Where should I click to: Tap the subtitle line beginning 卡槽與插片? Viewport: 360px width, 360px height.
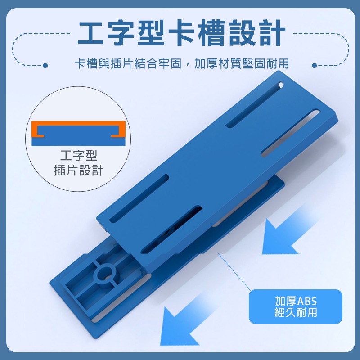(181, 64)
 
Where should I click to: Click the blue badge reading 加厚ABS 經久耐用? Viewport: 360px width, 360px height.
(296, 306)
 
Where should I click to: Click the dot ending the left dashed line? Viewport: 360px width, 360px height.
(45, 66)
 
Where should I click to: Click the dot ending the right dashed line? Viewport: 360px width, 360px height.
(315, 66)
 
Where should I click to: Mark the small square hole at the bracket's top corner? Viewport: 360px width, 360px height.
(280, 84)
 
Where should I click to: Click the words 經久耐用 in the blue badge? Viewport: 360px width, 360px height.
(296, 312)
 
